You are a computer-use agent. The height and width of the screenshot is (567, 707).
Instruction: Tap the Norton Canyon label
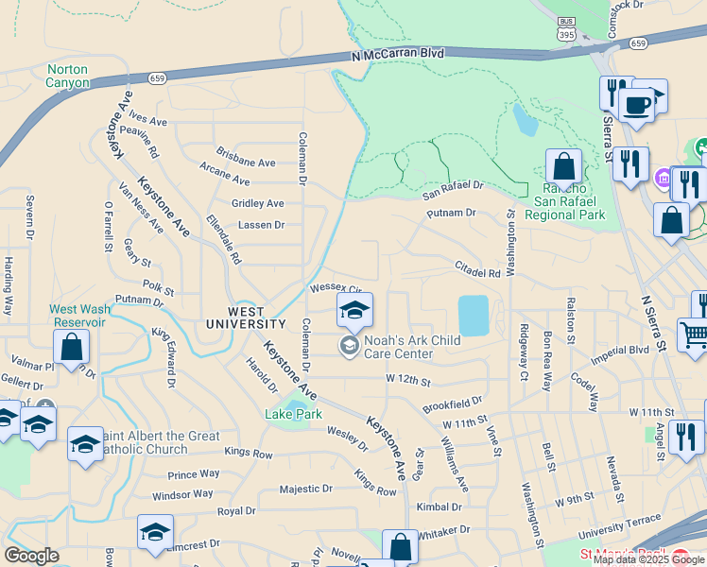67,76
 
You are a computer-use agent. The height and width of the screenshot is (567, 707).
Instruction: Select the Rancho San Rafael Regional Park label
564,201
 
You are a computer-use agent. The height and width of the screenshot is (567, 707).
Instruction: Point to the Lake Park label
294,414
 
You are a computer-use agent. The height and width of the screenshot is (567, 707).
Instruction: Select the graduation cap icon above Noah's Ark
354,310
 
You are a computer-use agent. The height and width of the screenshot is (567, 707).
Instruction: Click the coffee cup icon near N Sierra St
636,104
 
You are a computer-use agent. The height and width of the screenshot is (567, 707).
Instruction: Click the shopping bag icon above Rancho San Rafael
563,167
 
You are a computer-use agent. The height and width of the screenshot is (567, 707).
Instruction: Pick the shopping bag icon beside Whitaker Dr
400,545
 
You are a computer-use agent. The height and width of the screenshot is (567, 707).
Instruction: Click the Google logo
31,556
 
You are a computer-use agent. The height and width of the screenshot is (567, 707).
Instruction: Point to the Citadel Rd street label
476,270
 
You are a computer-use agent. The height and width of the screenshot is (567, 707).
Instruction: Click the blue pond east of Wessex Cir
474,315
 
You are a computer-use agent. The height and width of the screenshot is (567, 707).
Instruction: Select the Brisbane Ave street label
245,163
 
